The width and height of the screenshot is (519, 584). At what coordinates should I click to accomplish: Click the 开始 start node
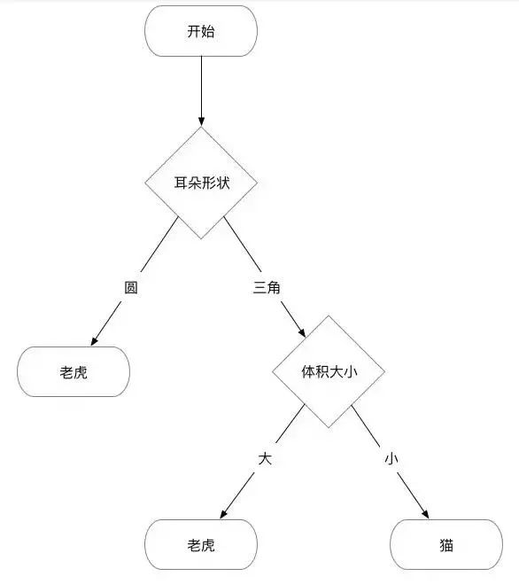point(201,31)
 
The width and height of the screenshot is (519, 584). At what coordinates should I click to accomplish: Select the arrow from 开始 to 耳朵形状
point(201,91)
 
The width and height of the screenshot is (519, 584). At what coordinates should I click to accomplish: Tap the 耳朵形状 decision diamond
point(201,183)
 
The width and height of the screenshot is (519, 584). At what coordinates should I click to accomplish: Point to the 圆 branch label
point(131,287)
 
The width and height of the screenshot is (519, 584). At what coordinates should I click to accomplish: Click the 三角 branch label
point(267,287)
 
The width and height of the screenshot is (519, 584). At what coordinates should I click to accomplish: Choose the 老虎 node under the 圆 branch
point(74,371)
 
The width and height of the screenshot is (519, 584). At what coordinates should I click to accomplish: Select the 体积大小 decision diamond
point(329,371)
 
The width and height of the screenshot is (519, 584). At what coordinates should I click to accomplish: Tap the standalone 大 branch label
point(265,459)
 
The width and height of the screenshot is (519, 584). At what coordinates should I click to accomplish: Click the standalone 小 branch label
point(391,459)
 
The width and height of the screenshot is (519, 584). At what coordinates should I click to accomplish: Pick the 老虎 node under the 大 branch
point(201,544)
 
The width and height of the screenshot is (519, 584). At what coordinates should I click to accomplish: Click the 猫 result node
point(446,544)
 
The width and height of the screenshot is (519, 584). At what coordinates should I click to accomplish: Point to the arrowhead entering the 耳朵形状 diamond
point(201,121)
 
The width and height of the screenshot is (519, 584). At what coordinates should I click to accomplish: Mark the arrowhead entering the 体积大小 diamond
point(301,332)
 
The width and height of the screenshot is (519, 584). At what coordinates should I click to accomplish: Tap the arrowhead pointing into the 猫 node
point(425,514)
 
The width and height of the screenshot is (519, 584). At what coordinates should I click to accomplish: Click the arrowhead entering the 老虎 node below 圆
point(95,341)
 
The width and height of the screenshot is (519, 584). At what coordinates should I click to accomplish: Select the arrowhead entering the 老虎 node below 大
point(223,514)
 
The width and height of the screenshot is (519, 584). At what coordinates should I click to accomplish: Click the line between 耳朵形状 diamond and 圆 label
point(159,245)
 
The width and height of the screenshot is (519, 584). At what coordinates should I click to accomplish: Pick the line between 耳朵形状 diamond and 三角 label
point(243,245)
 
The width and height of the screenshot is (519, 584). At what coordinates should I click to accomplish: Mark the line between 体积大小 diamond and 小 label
point(366,426)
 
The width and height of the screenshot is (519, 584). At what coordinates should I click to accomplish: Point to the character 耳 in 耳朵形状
point(181,183)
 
